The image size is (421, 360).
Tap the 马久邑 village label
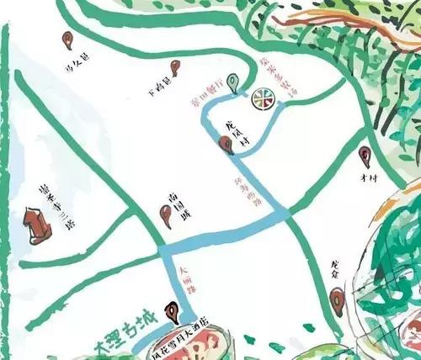[77, 61]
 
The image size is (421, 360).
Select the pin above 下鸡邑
[174, 67]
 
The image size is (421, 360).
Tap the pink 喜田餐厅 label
[209, 85]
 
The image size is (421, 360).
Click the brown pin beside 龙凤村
[226, 145]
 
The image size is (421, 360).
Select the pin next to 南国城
[166, 216]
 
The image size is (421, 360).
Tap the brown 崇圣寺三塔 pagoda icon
[34, 225]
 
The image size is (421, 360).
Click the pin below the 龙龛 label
[337, 296]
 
